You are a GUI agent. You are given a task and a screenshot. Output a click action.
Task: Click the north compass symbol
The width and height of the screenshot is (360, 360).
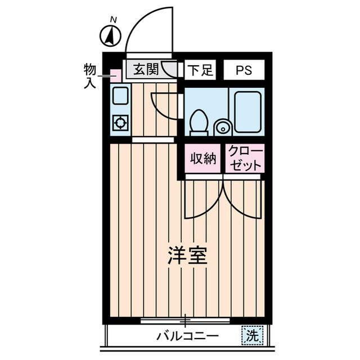pos(111,36)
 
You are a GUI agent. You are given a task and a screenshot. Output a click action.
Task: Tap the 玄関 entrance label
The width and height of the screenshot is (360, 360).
pos(146,70)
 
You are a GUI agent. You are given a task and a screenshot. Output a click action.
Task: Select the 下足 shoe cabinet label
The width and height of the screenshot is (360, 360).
pos(200,70)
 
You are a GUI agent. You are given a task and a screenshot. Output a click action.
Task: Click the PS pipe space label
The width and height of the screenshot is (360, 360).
pos(244,70)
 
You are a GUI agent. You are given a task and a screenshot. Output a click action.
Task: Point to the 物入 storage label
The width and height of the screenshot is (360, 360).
pos(89,76)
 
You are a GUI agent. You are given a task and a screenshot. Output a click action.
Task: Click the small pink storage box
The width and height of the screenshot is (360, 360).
pos(115,75)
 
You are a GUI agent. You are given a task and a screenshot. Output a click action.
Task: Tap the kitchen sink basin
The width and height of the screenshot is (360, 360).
pos(120,96)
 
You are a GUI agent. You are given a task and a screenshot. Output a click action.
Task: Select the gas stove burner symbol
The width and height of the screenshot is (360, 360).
pos(120,122)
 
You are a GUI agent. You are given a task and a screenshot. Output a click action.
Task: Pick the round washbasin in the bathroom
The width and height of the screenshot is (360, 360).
pos(223,128)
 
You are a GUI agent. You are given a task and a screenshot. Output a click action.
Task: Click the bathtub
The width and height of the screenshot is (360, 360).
pos(248,111)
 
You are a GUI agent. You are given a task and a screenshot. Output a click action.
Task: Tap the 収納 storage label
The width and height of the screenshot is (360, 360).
pos(202,159)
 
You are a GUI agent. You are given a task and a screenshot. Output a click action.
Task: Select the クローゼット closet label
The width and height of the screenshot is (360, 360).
pos(245,159)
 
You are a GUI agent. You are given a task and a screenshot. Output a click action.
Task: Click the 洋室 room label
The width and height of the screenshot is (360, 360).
pos(187,256)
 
